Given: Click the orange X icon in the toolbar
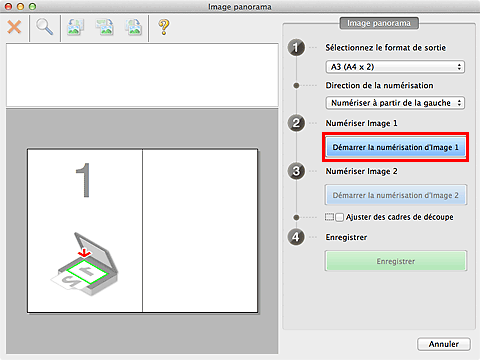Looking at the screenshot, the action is (14, 27).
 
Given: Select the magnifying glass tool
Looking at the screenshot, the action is (44, 27).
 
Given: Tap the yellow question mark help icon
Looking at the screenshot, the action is (164, 27).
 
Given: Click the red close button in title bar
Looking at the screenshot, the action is (9, 6).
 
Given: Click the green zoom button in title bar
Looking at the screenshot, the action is (32, 6).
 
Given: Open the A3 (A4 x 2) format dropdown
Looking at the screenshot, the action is (395, 67).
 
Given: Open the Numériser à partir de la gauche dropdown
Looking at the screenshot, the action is (395, 103).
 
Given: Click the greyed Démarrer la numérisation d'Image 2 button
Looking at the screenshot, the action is (396, 195).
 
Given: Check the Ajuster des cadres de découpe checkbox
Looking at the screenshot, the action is (339, 217).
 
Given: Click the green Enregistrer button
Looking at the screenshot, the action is (396, 261).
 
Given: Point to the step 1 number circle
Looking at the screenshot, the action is (296, 48).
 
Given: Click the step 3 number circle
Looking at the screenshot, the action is (296, 171).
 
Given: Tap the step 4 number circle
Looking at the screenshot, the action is (296, 237).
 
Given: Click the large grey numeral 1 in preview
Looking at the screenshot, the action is (84, 180).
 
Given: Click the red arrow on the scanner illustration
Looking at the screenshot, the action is (84, 253).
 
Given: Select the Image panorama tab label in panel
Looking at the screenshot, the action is (379, 23).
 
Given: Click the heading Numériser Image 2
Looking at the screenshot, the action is (361, 171).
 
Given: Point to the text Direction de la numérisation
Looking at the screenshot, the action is (379, 86).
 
